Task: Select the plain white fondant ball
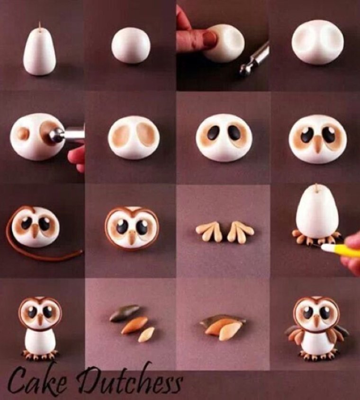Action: click(131, 45)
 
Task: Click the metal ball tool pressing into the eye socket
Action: click(66, 135)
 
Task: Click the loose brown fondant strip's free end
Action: click(81, 252)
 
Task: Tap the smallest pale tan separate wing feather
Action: click(146, 335)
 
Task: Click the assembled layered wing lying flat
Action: click(222, 327)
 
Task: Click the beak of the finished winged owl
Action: click(316, 320)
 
